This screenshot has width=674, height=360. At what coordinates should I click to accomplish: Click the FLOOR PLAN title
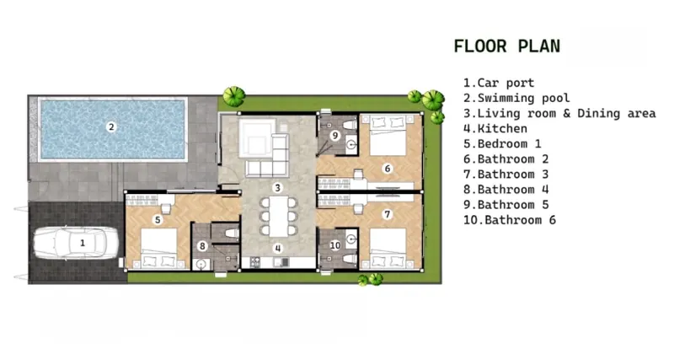click(507, 46)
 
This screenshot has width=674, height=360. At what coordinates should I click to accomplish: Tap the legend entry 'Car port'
click(499, 83)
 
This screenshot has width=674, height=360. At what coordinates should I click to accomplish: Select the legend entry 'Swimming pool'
click(516, 98)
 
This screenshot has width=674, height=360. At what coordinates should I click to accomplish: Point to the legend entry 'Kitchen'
click(495, 129)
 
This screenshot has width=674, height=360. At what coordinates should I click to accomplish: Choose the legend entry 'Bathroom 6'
click(510, 220)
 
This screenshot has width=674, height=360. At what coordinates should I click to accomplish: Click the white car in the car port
click(76, 243)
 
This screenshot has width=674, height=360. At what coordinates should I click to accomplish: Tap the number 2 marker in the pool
click(111, 126)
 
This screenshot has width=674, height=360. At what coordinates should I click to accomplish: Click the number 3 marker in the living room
click(278, 187)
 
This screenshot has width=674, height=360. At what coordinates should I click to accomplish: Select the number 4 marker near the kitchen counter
click(278, 248)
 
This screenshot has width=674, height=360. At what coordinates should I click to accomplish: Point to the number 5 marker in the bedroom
click(158, 220)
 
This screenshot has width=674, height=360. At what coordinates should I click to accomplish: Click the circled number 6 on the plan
click(388, 169)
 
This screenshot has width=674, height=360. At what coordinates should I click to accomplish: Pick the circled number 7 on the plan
click(388, 214)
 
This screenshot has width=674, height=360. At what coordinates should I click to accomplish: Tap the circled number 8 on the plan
click(202, 246)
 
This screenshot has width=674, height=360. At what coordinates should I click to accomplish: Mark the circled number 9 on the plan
click(334, 136)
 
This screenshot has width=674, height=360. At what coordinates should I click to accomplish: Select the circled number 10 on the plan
click(335, 245)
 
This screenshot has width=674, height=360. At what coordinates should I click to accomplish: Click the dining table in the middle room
click(279, 216)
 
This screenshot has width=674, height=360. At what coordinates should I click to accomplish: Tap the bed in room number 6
click(388, 135)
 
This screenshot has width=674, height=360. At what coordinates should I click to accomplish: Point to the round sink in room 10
click(351, 239)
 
